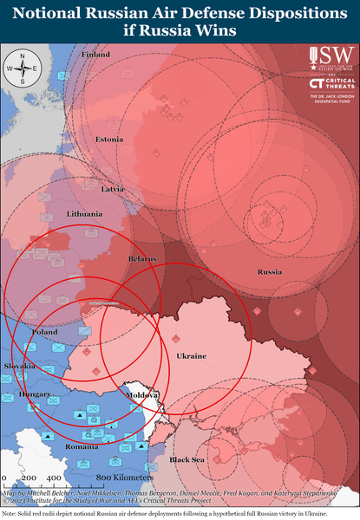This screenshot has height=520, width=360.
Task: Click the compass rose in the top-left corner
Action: [x=22, y=68]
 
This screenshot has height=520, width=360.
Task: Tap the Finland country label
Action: [x=95, y=54]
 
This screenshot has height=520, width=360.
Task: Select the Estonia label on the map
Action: [x=109, y=140]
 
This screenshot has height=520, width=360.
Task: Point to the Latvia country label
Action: [x=113, y=189]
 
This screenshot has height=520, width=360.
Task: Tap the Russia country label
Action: [x=270, y=272]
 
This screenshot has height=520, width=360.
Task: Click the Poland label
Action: [x=44, y=332]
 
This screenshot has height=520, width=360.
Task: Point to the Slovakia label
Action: [x=20, y=366]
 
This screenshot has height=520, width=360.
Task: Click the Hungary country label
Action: [x=36, y=393]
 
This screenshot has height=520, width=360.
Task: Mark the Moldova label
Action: [x=144, y=394]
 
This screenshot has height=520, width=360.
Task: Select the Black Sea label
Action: [x=187, y=458]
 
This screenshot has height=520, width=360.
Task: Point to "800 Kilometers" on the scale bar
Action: [x=125, y=478]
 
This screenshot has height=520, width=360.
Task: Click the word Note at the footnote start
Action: [x=11, y=514]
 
